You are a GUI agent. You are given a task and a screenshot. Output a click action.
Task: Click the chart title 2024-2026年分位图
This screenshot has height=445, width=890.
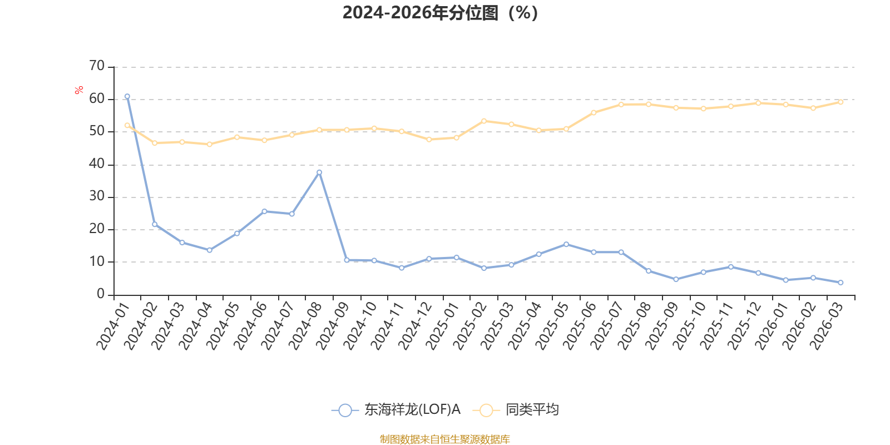click(439, 12)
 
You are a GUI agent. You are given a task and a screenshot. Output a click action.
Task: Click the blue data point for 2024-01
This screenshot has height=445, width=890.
click(127, 96)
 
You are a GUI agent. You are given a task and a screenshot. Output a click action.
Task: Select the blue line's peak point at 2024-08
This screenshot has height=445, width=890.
click(319, 172)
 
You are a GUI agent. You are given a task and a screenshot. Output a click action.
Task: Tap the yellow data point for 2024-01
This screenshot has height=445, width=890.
click(127, 125)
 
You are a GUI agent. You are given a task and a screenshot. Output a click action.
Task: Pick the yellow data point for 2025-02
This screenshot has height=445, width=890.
click(484, 121)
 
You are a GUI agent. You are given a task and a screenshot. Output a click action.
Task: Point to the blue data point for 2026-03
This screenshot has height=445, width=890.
click(840, 283)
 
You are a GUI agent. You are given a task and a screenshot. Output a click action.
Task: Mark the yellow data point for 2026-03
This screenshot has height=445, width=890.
click(840, 102)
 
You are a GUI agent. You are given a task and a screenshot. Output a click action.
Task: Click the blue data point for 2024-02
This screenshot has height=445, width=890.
click(155, 224)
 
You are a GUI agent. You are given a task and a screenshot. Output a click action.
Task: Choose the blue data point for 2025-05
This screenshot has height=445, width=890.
click(566, 244)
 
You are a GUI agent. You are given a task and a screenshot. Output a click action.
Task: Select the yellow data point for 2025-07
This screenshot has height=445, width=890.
click(621, 104)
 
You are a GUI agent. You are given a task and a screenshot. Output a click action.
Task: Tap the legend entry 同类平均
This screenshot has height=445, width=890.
click(532, 410)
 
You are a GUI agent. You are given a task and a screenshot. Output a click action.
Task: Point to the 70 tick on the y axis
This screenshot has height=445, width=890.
click(97, 66)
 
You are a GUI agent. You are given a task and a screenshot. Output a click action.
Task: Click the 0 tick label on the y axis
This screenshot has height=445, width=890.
click(101, 294)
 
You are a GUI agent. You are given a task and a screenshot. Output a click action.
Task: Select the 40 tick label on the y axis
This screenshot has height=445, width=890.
click(97, 164)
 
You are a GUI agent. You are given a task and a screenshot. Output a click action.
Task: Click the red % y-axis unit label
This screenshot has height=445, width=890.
click(79, 90)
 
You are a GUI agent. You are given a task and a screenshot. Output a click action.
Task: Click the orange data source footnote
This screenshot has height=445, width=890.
click(444, 439)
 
